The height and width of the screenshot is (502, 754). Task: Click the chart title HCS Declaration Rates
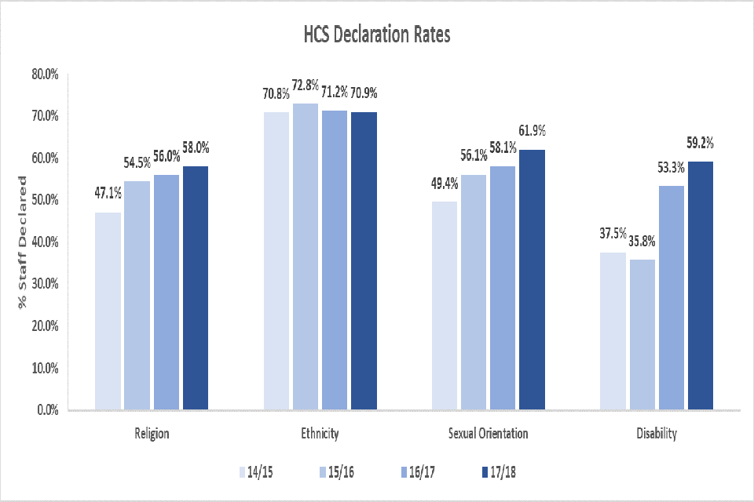(x=376, y=36)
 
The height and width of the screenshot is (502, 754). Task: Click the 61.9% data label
(x=531, y=130)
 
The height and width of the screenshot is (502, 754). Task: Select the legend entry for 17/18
(x=498, y=471)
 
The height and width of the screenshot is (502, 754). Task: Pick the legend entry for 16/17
(x=417, y=471)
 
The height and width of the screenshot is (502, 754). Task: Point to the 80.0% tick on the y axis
(x=45, y=75)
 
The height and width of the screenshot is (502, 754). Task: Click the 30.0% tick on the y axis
(x=45, y=284)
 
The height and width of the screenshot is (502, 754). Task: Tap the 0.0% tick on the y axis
(x=48, y=409)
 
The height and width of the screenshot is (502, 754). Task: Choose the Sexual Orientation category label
(x=489, y=433)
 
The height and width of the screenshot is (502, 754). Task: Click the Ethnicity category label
(x=320, y=433)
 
